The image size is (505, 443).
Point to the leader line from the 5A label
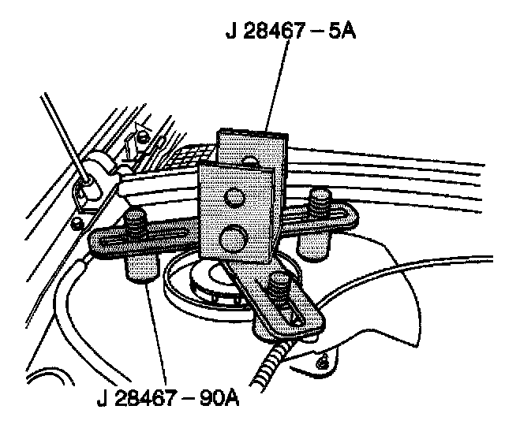click(x=279, y=87)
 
